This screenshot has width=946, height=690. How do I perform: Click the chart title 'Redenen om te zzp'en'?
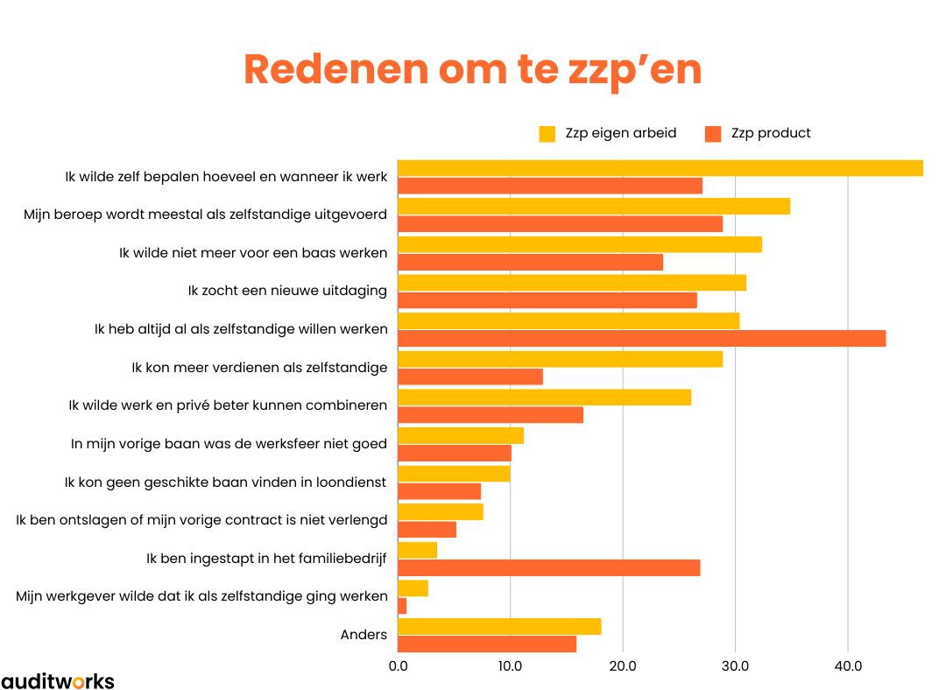[472, 70]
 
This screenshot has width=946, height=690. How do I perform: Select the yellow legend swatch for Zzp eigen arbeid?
[547, 134]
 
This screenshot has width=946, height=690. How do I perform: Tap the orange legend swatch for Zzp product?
[713, 134]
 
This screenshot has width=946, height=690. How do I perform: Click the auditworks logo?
[58, 680]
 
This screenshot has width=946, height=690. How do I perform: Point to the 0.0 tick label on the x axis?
[398, 666]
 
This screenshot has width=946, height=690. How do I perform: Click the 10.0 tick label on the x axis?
[511, 666]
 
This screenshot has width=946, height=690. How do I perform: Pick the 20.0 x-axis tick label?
[623, 666]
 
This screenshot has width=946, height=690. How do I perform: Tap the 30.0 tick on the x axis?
[735, 666]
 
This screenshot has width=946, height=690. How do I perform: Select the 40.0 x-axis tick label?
[847, 666]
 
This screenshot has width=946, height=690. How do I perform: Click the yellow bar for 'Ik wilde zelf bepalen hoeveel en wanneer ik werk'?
[660, 168]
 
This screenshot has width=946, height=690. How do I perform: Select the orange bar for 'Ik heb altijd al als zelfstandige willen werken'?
[641, 338]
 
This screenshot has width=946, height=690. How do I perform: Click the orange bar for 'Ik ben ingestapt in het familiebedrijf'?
[548, 567]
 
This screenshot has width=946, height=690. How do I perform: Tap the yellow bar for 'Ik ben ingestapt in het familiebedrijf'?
[417, 550]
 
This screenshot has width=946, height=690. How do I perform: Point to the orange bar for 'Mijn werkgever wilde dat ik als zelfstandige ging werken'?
[402, 606]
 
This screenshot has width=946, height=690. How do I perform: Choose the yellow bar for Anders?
[499, 626]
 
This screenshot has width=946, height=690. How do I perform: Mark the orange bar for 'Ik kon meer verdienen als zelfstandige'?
[470, 377]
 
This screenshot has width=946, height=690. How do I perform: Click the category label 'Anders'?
[364, 634]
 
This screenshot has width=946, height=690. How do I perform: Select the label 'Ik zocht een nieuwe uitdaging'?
[287, 291]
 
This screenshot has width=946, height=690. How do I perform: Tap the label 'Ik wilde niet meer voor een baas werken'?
[253, 253]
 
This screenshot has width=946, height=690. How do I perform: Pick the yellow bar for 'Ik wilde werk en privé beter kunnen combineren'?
[544, 398]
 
